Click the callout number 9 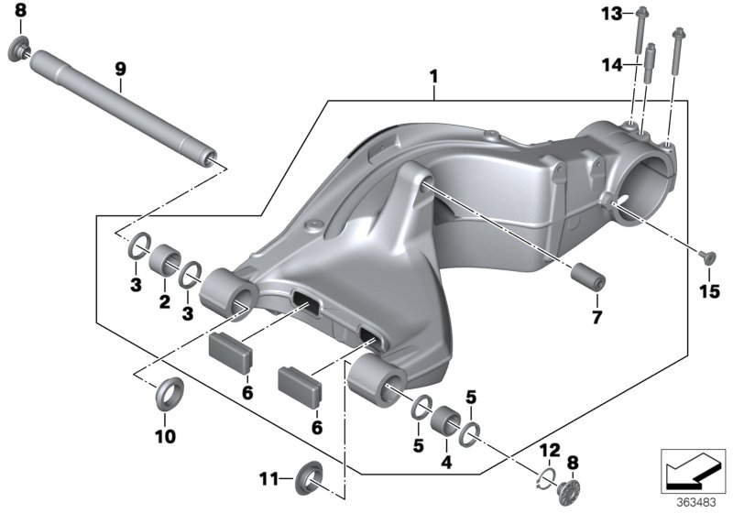click(x=119, y=68)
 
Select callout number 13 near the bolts click(x=611, y=14)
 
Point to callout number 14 click(x=611, y=65)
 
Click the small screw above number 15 click(x=704, y=256)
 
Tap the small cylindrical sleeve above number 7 click(x=586, y=277)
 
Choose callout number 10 click(x=164, y=436)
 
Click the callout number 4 click(x=446, y=463)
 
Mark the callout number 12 click(x=549, y=449)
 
